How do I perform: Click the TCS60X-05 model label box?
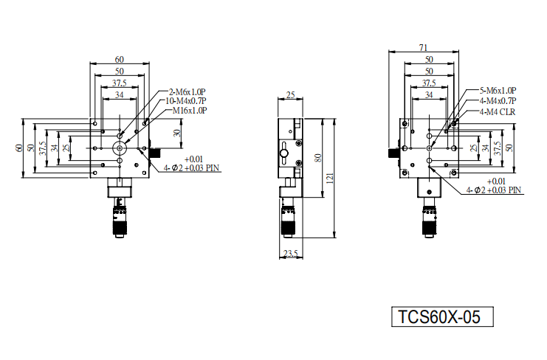tap(442, 316)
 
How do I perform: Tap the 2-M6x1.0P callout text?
tap(187, 92)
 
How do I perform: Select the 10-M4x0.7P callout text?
tap(185, 101)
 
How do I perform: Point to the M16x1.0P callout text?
tap(190, 111)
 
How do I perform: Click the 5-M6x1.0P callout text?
tap(498, 91)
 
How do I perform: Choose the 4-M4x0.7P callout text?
tap(498, 101)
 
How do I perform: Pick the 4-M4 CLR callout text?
tap(498, 112)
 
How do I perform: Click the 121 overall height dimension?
tap(331, 178)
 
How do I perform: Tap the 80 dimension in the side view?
tap(318, 158)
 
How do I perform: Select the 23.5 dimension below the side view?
tap(291, 253)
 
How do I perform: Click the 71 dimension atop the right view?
tap(423, 47)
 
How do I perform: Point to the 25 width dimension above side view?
tap(290, 94)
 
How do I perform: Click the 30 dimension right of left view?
tap(177, 133)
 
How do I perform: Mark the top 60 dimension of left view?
tap(120, 60)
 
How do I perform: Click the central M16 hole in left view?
tap(120, 148)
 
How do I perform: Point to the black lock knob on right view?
tap(394, 153)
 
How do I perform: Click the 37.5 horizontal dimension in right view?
tap(429, 83)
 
